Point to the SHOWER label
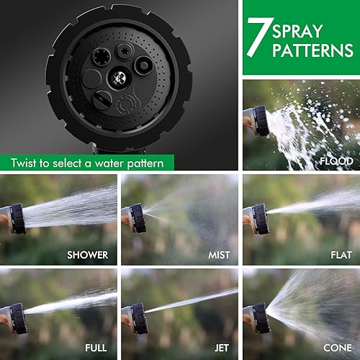coord(87,254)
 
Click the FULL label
coord(96,348)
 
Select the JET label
coord(221,348)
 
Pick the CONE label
coord(337,348)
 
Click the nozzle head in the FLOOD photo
coord(259,121)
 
